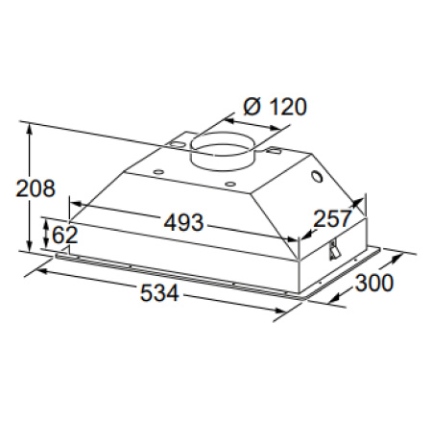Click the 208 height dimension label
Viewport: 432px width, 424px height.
pos(36,188)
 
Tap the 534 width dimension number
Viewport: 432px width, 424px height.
pos(159,293)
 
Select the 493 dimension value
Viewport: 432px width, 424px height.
pos(183,222)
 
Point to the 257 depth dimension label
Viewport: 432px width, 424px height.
pos(332,218)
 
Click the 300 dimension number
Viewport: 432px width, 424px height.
pos(373,283)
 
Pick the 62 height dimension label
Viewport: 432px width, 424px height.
pos(64,235)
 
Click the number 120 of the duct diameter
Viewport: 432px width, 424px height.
pos(288,107)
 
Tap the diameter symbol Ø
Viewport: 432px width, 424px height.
pos(252,107)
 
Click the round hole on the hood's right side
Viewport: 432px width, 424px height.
pos(318,177)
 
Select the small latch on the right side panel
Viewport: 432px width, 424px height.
pos(334,250)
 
